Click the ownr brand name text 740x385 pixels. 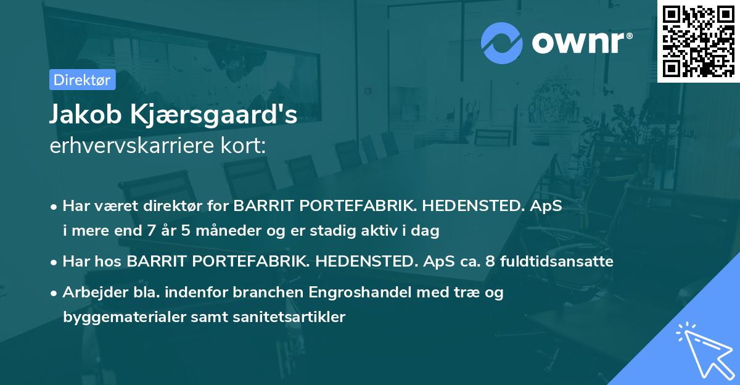coord(582,43)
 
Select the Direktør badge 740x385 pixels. coord(81,80)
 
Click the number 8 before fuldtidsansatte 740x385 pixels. coord(490,261)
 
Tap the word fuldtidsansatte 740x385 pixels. coord(556,261)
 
